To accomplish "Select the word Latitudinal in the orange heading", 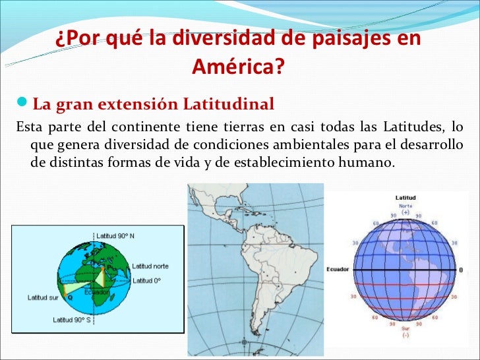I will pyautogui.click(x=228, y=104).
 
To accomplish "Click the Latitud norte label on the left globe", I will pyautogui.click(x=150, y=266).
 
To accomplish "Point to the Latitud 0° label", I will pyautogui.click(x=148, y=282).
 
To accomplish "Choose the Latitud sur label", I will pyautogui.click(x=42, y=297).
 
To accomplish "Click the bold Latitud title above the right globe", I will pyautogui.click(x=405, y=197).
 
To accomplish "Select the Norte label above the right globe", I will pyautogui.click(x=405, y=205).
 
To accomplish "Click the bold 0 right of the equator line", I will pyautogui.click(x=460, y=270).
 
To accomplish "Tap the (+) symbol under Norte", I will pyautogui.click(x=405, y=212).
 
